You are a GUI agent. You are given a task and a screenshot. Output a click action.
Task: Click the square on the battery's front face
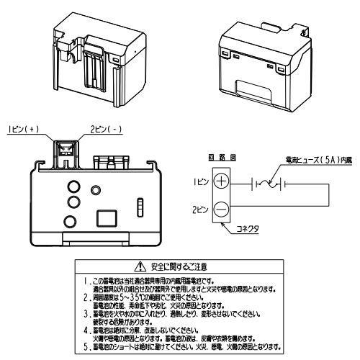pos(107,217)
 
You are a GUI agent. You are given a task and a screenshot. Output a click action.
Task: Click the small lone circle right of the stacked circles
pos(96,190)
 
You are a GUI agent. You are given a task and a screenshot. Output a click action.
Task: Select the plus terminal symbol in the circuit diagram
pos(221,182)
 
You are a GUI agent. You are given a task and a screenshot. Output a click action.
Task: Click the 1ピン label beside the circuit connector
pos(201,183)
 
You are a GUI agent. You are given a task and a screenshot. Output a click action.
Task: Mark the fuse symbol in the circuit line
pos(269,185)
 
